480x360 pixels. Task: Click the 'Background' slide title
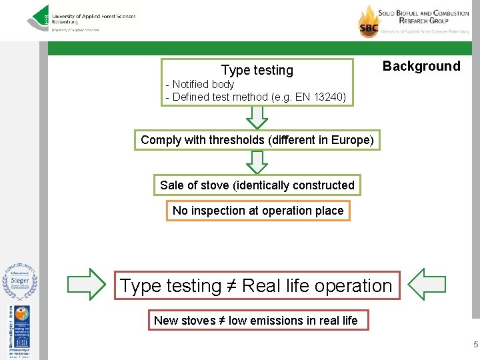coord(421,66)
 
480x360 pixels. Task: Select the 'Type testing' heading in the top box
coord(257,70)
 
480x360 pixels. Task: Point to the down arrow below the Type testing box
coord(257,117)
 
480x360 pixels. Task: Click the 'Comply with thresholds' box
coord(257,140)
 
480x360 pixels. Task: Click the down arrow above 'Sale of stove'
coord(257,161)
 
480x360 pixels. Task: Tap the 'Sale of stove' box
coord(257,185)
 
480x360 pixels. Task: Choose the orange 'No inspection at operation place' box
coord(257,211)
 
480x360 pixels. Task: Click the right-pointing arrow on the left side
coord(86,285)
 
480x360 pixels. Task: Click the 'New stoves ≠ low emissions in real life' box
coord(255,321)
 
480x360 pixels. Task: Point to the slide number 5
coord(475,345)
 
